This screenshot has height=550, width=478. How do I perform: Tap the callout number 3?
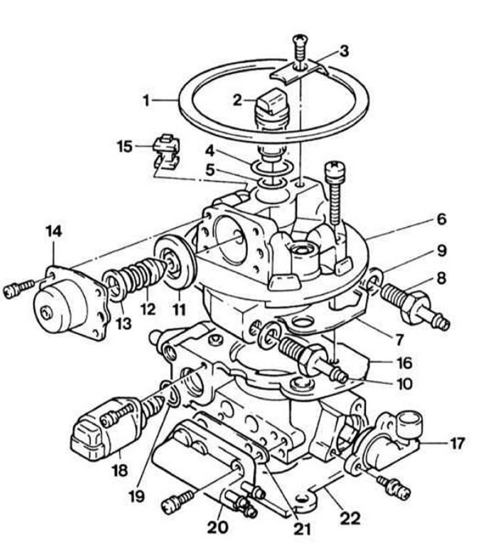(x=344, y=51)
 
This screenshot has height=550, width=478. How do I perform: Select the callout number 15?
(x=125, y=146)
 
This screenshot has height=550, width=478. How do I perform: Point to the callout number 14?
(x=54, y=231)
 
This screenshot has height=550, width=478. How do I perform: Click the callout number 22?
(x=351, y=518)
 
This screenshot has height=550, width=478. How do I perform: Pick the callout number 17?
(x=456, y=443)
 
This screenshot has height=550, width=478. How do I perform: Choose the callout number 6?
(x=441, y=219)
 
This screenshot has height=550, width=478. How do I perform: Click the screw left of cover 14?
(x=19, y=288)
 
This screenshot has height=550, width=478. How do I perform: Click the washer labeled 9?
(x=374, y=279)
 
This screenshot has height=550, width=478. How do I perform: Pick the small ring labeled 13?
(x=114, y=284)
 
